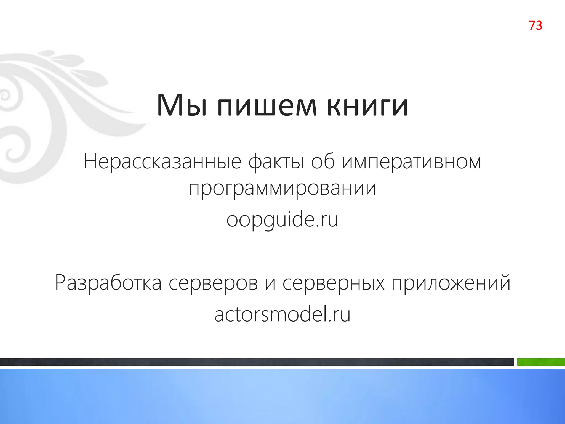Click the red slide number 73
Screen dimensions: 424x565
coord(535,25)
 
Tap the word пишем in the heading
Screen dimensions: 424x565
coord(267,106)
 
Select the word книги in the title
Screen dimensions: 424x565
coord(367,106)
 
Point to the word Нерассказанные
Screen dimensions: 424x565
coord(162,162)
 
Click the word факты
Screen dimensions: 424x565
coord(276,162)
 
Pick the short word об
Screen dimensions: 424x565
coord(323,162)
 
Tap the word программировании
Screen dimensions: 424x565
coord(282,189)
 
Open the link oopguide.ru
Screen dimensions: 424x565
coord(282,220)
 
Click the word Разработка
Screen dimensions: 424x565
coord(108,283)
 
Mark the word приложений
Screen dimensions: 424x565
coord(451,283)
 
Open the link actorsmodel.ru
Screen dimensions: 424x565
coord(282,315)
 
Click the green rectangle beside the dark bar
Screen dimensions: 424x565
coord(540,362)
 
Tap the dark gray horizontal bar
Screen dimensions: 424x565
coord(257,362)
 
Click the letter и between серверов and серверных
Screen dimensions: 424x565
coord(270,284)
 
